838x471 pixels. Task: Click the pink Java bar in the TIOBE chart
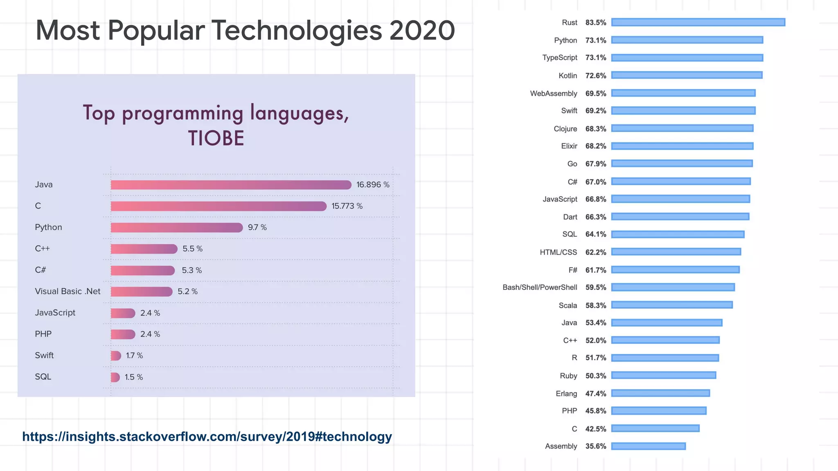[x=231, y=185]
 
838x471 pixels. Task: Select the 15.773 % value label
[x=347, y=206]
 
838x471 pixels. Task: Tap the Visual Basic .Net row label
[x=68, y=292]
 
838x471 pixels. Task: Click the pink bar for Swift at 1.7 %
[x=116, y=356]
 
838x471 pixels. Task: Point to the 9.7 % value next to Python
[x=257, y=227]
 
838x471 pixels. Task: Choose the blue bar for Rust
[x=698, y=22]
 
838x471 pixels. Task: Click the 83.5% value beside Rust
[x=595, y=22]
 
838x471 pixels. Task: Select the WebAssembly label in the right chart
[x=553, y=94]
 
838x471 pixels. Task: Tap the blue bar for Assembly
[x=649, y=446]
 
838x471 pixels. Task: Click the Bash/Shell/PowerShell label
[x=539, y=287]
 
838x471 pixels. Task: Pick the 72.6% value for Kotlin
[x=595, y=76]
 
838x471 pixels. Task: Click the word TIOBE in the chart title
[x=216, y=138]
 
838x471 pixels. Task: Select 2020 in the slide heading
[x=422, y=31]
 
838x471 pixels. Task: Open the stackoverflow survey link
[x=207, y=437]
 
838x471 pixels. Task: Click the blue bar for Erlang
[x=660, y=393]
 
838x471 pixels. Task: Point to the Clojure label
[x=565, y=129]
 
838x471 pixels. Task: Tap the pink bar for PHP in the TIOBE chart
[x=123, y=334]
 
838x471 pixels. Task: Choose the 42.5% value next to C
[x=595, y=429]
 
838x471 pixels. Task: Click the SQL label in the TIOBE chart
[x=43, y=377]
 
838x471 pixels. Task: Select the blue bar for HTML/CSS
[x=676, y=252]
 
